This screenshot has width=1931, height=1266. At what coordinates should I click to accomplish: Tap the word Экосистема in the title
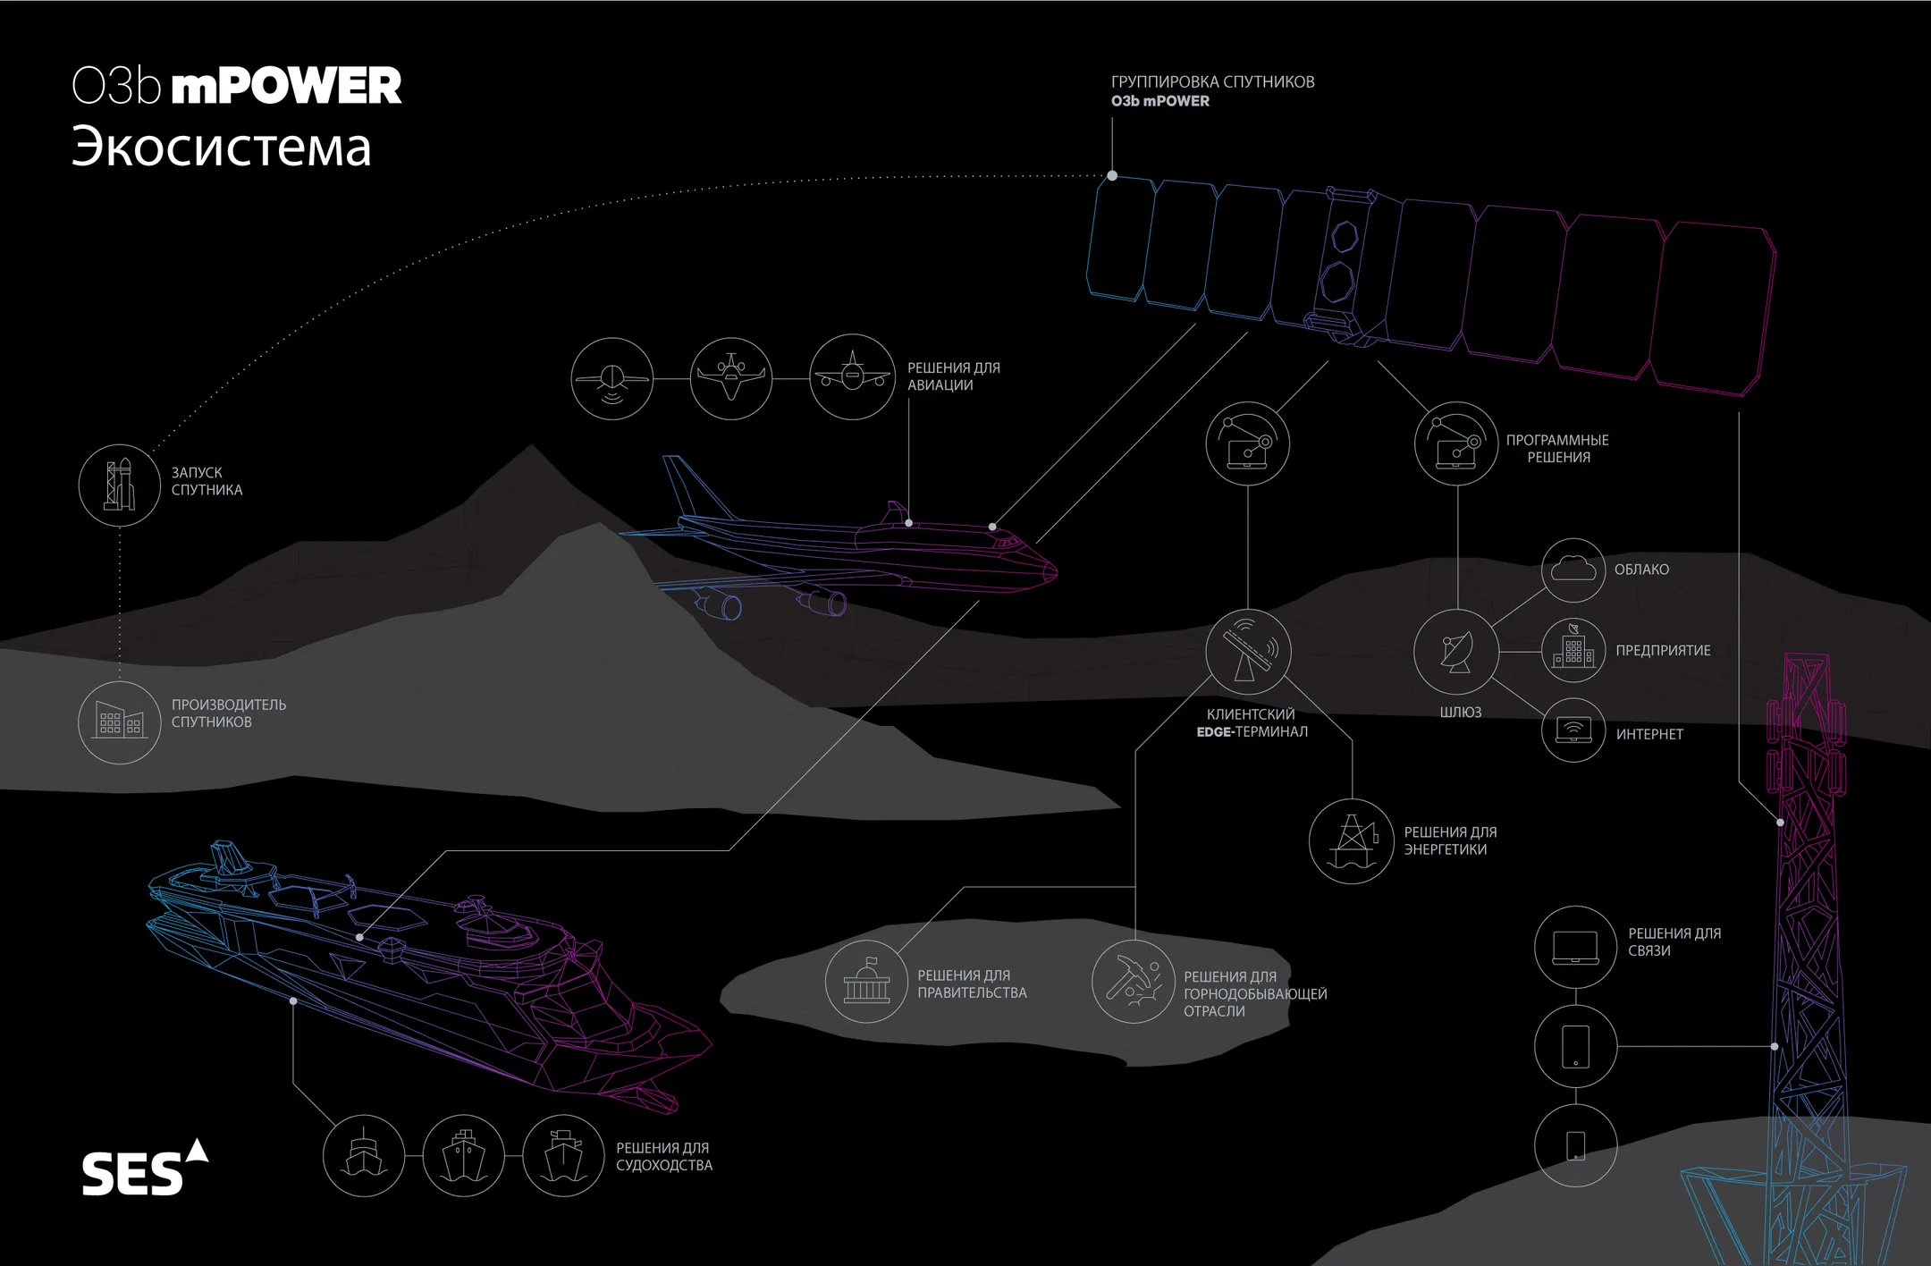pos(221,147)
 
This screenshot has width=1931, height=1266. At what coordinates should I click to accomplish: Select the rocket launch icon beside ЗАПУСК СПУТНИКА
pos(119,485)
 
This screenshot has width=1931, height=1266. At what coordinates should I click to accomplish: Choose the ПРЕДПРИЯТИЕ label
pos(1663,651)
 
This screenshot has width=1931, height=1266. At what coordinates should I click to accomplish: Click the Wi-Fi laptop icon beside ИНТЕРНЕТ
pos(1573,730)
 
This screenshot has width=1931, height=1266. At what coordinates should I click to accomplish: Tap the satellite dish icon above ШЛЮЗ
pos(1456,652)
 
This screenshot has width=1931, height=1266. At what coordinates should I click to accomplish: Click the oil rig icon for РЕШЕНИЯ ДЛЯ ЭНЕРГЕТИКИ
pos(1351,841)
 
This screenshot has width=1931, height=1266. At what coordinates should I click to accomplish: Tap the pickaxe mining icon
pos(1134,981)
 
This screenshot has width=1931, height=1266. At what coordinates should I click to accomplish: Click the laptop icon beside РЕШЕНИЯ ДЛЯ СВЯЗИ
pos(1575,947)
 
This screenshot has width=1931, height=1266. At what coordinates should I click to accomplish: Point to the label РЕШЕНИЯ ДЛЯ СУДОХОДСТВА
pos(664,1156)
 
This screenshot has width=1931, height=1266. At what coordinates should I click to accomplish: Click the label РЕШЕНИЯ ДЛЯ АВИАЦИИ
pos(954,376)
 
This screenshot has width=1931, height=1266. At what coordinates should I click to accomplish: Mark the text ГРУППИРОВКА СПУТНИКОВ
pos(1212,81)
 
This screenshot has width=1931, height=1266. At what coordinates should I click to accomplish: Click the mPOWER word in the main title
pos(286,86)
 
